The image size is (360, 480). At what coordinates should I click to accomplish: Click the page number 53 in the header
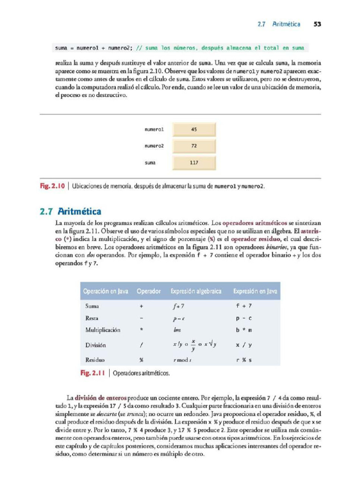point(316,24)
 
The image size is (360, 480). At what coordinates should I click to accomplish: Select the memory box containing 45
point(194,129)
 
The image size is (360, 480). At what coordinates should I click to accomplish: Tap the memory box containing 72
point(194,146)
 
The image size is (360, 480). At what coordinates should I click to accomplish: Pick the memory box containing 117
point(194,163)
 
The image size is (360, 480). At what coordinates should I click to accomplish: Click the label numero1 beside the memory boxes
point(154,129)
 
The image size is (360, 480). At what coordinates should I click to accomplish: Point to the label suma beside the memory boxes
point(150,163)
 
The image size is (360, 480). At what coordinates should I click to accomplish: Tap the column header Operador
point(149,292)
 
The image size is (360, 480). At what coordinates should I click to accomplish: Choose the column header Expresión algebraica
point(196,292)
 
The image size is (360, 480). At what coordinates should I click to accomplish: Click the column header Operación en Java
point(105,292)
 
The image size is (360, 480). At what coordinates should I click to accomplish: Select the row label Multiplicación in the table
point(103,330)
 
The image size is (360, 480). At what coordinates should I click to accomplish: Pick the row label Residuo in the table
point(95,360)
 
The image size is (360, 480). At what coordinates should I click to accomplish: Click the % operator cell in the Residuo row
point(141,360)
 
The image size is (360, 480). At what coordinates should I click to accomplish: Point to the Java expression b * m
point(244,330)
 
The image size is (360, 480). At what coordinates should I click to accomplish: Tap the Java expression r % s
point(244,360)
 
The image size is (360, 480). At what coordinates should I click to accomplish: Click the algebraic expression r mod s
point(183,360)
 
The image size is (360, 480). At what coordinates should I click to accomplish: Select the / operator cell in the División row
point(141,345)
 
